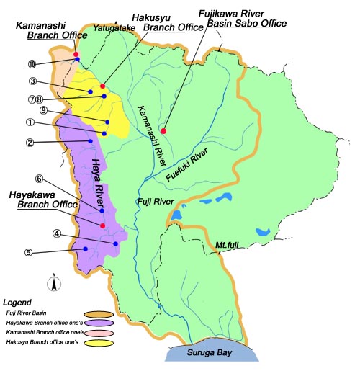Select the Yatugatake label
pos(113,30)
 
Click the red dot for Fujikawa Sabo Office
pos(163,131)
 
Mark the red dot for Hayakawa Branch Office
pos(103,225)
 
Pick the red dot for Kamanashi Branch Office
pos(76,53)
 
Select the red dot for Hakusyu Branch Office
pos(103,86)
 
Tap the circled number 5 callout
pos(28,252)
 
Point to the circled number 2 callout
pos(30,142)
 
